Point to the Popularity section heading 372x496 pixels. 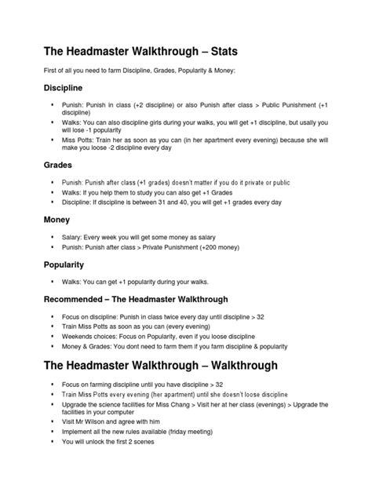67,265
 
